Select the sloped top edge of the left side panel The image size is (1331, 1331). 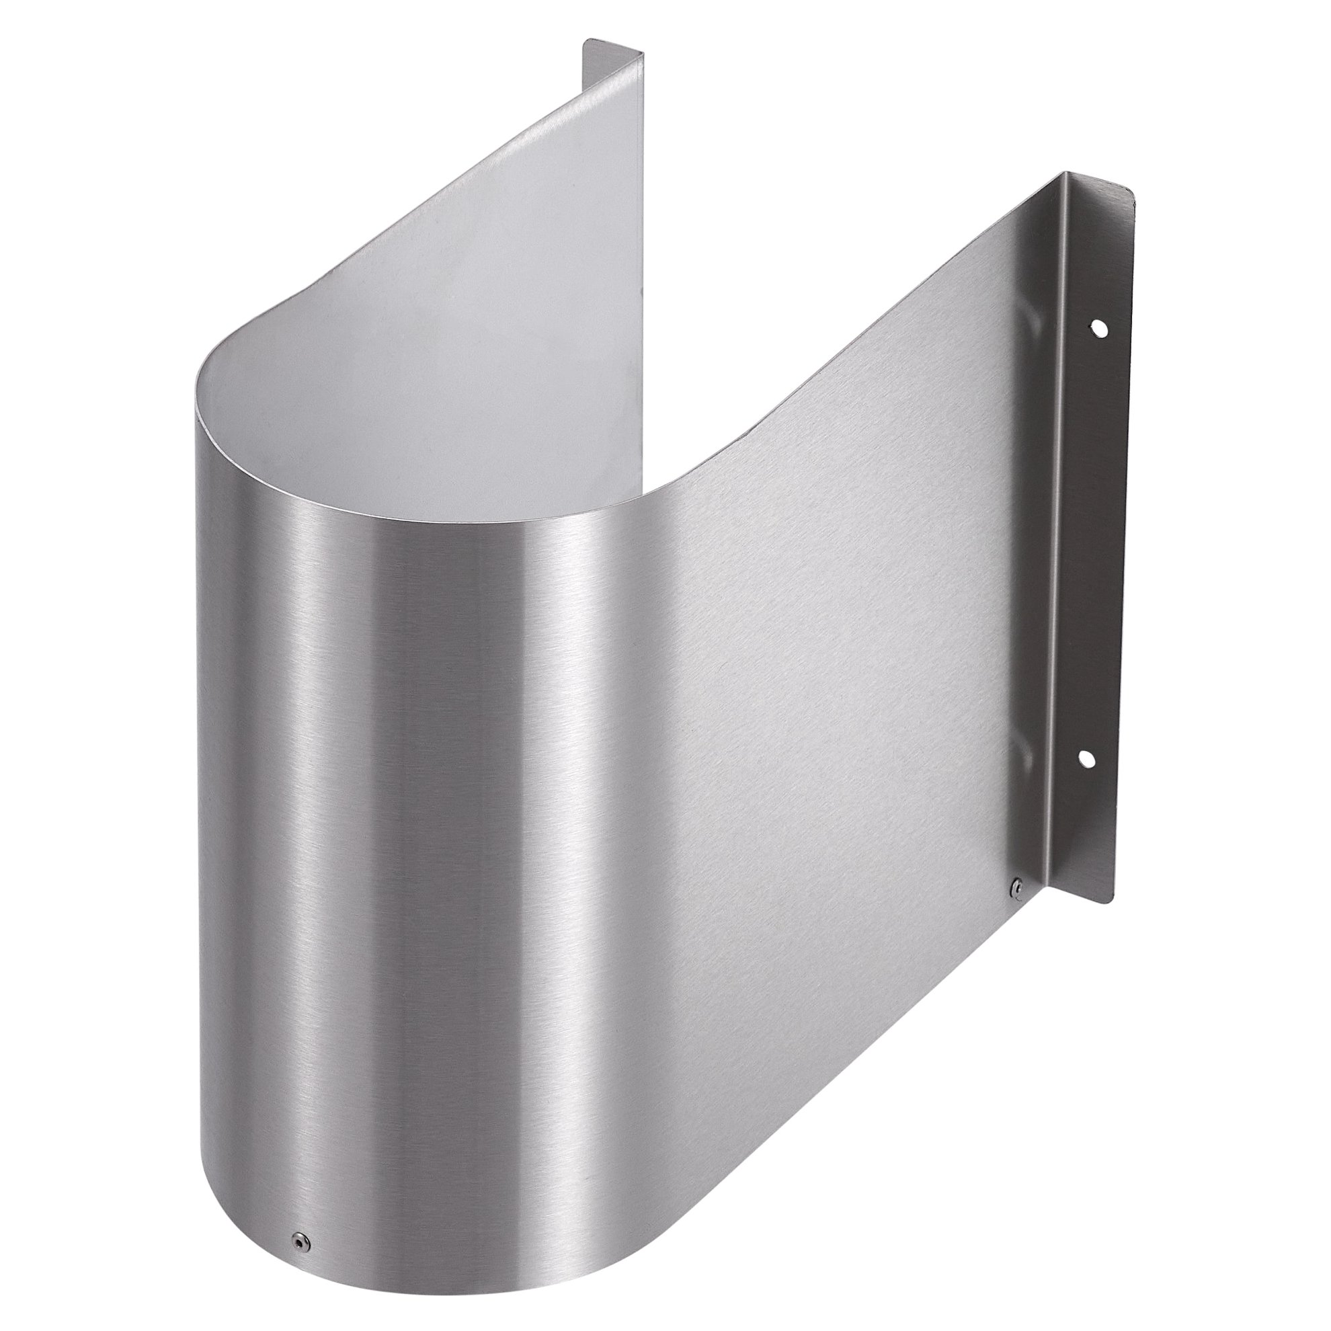pos(482,172)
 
